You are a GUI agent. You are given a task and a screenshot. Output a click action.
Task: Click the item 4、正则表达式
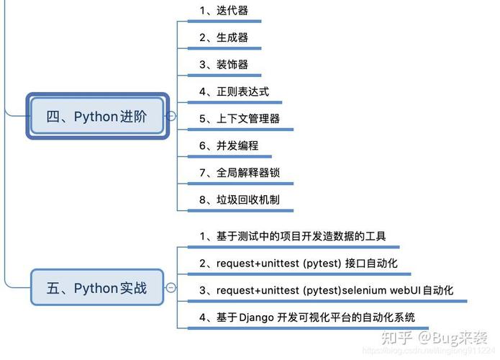tap(235, 91)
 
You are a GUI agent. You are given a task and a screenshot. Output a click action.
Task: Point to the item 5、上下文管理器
tap(240, 119)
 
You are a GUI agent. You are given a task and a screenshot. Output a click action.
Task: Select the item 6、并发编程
tap(229, 145)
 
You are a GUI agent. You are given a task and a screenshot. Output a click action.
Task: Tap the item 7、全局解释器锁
tap(240, 173)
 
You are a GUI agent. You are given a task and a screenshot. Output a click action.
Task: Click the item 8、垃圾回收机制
tap(240, 199)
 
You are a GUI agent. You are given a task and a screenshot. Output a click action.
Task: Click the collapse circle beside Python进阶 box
tap(171, 116)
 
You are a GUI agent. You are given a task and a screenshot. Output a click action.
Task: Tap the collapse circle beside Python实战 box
tap(171, 288)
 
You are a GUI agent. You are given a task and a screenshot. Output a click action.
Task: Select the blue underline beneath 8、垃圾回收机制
tap(240, 211)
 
